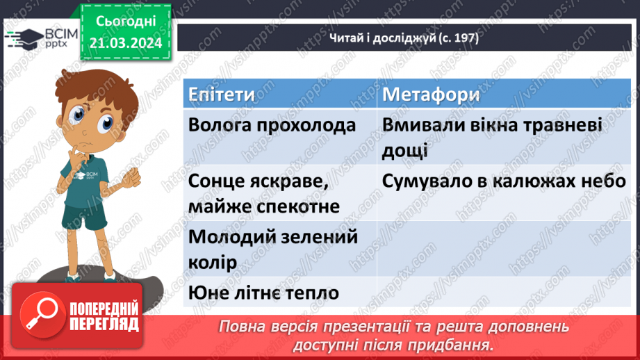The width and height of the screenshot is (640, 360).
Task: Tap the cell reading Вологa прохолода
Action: (x=272, y=126)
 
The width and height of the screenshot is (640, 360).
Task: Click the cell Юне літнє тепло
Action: (x=263, y=293)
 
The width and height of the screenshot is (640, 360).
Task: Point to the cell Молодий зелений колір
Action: (x=272, y=249)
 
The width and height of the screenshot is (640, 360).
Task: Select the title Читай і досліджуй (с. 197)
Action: (x=404, y=38)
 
